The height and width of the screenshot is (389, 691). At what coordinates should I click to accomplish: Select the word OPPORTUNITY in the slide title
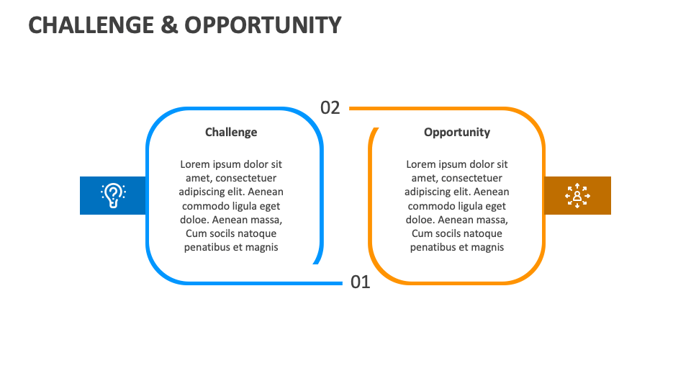(263, 25)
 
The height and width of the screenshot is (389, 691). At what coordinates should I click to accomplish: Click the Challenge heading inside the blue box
(231, 132)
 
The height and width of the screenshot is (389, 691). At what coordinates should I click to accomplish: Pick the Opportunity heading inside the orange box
(457, 132)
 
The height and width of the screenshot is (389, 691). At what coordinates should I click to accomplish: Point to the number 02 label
(330, 108)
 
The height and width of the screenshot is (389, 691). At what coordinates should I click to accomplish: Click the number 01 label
(360, 282)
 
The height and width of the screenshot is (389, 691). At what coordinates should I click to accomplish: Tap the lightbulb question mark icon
(113, 195)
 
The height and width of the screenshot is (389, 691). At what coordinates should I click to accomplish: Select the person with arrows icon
(577, 195)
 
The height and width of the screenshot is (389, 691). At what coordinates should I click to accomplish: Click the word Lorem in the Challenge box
(195, 164)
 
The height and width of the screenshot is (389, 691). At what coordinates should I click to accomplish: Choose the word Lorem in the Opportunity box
(421, 164)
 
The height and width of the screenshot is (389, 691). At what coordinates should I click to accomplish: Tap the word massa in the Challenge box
(265, 220)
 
